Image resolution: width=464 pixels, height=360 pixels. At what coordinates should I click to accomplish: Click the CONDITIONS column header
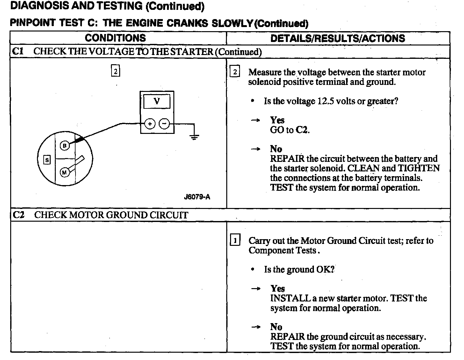pos(115,38)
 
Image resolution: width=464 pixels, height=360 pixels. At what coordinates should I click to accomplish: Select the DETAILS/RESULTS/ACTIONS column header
pos(338,38)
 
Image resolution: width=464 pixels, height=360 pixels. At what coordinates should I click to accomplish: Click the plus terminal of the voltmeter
pos(150,124)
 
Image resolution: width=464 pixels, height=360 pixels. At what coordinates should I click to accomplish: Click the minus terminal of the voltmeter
pos(164,124)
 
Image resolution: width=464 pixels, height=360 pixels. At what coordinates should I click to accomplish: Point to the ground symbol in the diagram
pos(194,137)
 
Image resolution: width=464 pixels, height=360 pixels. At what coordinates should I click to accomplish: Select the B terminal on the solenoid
pos(65,146)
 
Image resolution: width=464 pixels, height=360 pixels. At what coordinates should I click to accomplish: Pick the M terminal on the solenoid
pos(65,172)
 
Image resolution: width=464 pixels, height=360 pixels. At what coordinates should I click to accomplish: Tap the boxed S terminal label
pos(47,160)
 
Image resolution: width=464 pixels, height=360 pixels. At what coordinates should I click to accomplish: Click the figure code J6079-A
pos(197,197)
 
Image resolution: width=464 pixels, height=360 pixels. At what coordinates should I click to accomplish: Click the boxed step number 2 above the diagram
pos(115,71)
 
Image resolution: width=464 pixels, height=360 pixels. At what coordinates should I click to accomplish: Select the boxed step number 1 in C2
pos(235,240)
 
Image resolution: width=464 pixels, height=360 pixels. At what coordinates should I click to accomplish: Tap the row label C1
pos(18,52)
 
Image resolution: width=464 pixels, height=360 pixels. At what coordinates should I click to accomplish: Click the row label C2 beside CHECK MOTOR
pos(18,215)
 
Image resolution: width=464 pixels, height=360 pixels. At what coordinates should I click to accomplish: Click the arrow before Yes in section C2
pos(256,289)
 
